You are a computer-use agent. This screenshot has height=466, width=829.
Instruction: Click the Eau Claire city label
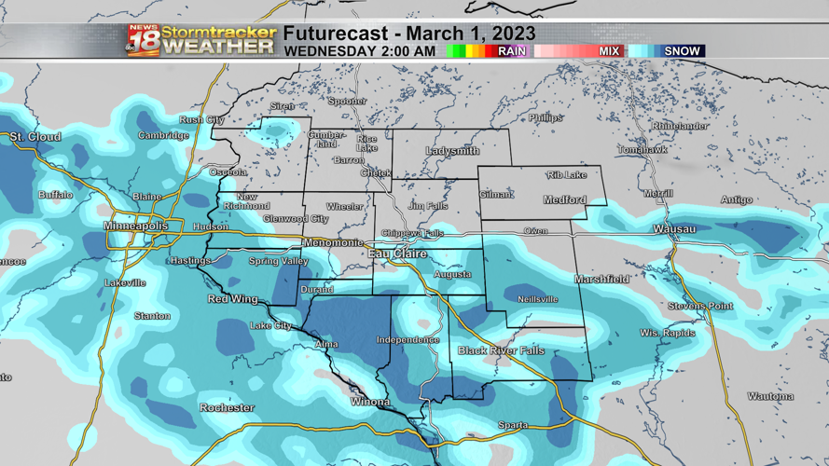pyautogui.click(x=397, y=254)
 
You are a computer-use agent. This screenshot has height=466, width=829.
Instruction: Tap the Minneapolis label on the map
pyautogui.click(x=136, y=226)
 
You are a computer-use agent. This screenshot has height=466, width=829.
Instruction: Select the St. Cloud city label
pyautogui.click(x=35, y=137)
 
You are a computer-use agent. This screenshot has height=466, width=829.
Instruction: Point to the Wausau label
pyautogui.click(x=674, y=228)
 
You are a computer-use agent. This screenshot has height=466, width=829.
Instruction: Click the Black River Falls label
pyautogui.click(x=501, y=350)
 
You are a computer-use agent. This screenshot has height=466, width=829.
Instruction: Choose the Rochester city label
pyautogui.click(x=227, y=407)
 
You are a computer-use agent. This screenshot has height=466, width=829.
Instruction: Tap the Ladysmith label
pyautogui.click(x=452, y=151)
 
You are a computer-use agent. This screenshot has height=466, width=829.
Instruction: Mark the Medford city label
pyautogui.click(x=565, y=199)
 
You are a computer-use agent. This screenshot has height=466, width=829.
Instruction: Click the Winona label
pyautogui.click(x=370, y=402)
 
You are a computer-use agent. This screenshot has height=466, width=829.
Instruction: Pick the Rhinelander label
pyautogui.click(x=680, y=126)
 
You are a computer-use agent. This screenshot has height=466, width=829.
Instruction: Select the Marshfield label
pyautogui.click(x=601, y=279)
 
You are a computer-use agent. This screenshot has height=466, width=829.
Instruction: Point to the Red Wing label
pyautogui.click(x=232, y=299)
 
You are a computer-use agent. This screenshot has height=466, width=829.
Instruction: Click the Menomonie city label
pyautogui.click(x=333, y=242)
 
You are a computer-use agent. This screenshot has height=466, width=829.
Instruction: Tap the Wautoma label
pyautogui.click(x=770, y=396)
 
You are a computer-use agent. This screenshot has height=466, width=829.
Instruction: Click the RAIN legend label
pyautogui.click(x=512, y=51)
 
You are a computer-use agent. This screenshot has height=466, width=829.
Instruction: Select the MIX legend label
pyautogui.click(x=609, y=51)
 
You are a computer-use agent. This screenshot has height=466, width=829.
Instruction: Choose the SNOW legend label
pyautogui.click(x=682, y=51)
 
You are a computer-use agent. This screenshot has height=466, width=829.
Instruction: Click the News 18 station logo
pyautogui.click(x=143, y=41)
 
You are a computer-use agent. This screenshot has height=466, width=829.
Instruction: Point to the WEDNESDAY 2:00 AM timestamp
pyautogui.click(x=359, y=51)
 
